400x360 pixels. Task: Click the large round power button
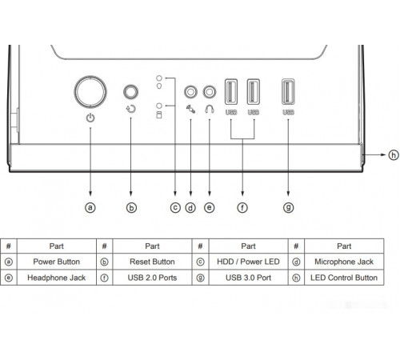[90, 92]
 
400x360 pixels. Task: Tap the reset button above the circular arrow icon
[130, 92]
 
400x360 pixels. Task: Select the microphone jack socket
[190, 92]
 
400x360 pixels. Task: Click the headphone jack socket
[210, 92]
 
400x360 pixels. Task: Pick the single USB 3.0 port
[288, 92]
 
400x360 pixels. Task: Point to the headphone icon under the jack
[210, 109]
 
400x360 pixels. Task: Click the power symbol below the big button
[90, 118]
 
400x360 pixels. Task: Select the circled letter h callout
[394, 154]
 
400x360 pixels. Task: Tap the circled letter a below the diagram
[90, 207]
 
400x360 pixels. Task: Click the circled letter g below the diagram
[288, 207]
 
